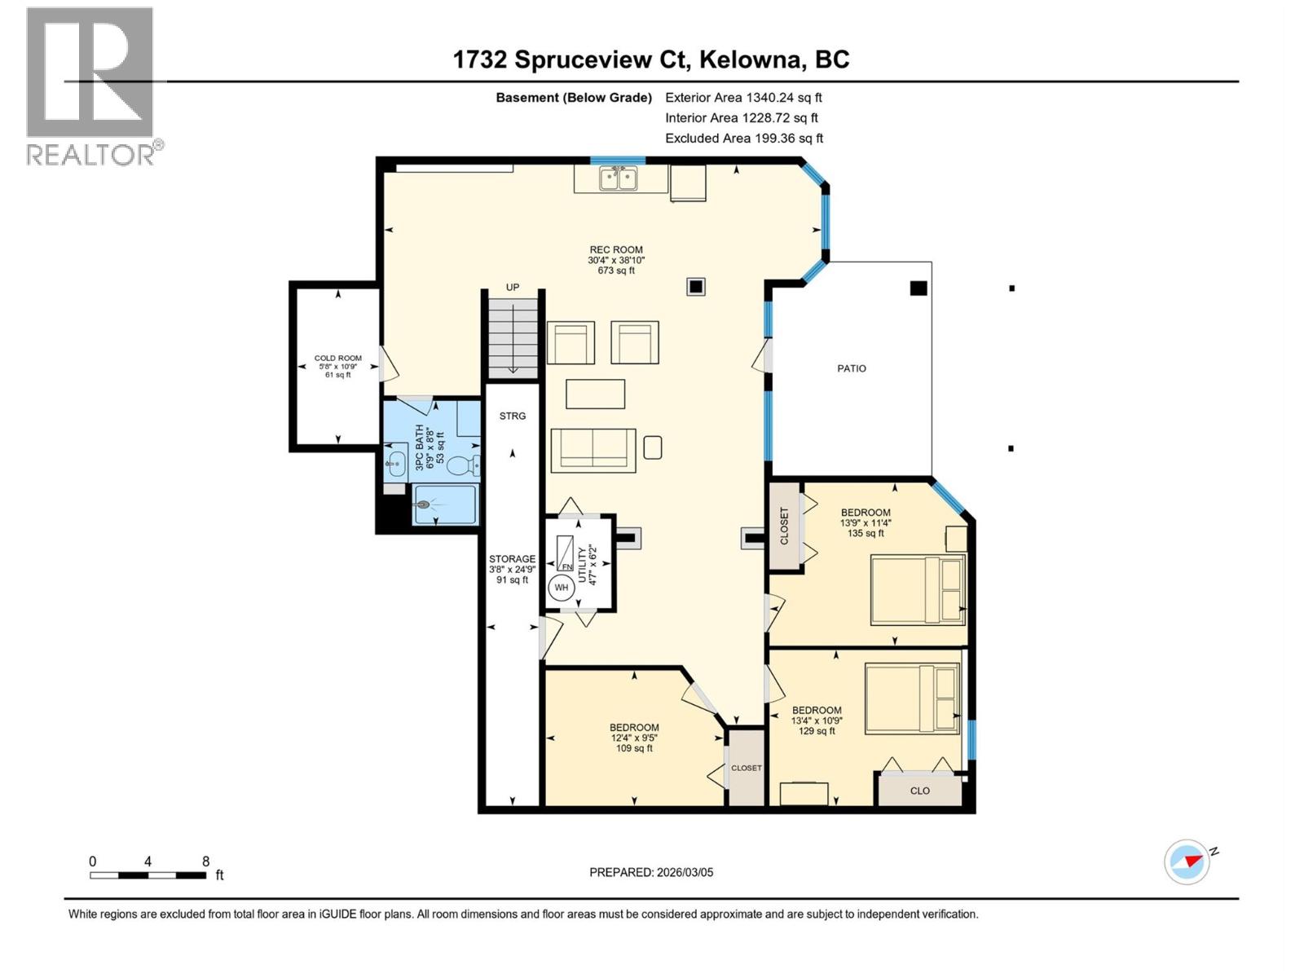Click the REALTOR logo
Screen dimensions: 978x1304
[90, 86]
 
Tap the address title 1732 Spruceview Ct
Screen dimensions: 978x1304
[651, 59]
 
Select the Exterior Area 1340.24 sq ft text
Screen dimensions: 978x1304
[743, 97]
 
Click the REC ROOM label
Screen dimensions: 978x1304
[616, 250]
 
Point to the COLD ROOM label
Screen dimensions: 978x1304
[338, 358]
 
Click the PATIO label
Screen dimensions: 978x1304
[852, 368]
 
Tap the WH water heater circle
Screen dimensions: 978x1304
[562, 588]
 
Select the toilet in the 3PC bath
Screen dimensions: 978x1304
[462, 466]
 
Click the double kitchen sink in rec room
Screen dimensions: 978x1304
[618, 178]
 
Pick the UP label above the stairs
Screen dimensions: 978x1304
[513, 287]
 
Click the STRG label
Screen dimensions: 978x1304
[513, 416]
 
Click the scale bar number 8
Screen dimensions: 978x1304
[205, 861]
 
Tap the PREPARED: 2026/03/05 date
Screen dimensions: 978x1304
[651, 872]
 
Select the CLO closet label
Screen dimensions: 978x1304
[920, 791]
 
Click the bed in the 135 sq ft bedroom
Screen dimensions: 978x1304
[918, 590]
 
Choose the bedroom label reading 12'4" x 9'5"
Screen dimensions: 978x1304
[634, 738]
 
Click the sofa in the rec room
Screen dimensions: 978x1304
[593, 450]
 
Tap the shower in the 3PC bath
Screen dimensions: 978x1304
[445, 505]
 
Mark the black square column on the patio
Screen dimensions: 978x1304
[919, 288]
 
